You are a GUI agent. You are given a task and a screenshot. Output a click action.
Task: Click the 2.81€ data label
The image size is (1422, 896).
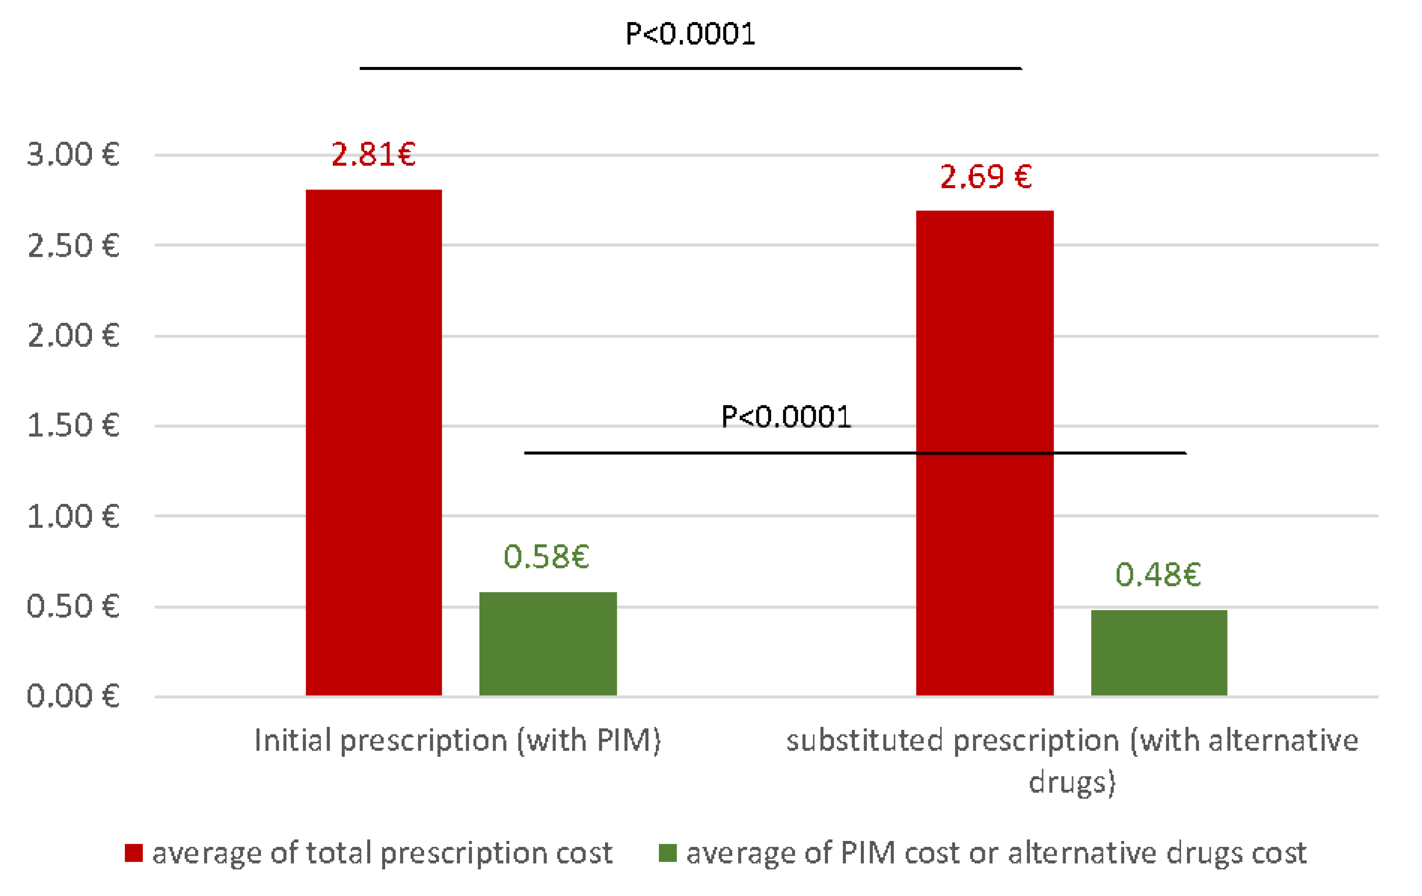373,155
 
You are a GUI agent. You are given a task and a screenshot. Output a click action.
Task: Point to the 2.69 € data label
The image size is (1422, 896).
986,177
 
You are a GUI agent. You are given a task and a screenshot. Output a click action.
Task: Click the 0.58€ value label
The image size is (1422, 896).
546,556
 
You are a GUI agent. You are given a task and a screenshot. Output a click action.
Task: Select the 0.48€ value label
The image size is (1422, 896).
1158,575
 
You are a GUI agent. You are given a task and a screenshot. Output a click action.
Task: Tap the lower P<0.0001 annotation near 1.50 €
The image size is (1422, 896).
786,417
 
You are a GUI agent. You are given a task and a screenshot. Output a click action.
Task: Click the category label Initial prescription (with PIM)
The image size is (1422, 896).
458,740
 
